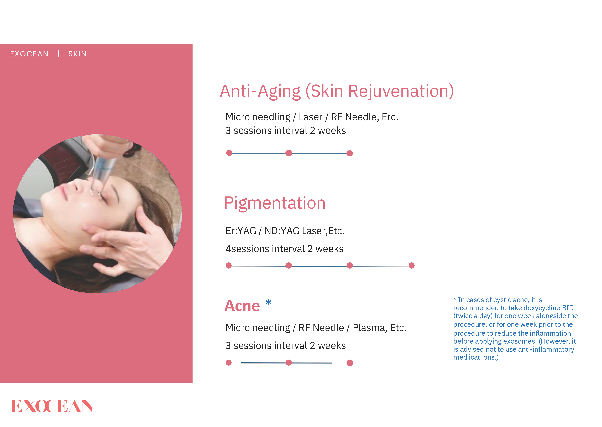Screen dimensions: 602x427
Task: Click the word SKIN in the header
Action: pos(77,54)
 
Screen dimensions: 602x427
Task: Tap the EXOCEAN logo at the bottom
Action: pos(52,406)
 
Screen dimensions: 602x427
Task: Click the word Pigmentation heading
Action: pos(275,203)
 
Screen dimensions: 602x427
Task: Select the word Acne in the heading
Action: pos(242,306)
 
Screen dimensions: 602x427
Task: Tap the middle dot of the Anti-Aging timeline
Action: pos(289,153)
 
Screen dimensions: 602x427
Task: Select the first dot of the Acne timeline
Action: pos(229,363)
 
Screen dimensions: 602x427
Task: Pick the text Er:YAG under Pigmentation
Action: pos(241,231)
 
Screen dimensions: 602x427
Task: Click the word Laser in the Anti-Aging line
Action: pos(311,117)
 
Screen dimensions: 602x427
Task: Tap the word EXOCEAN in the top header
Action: pos(29,54)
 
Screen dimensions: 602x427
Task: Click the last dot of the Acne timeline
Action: pos(350,363)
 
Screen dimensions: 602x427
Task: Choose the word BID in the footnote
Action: pos(568,308)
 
